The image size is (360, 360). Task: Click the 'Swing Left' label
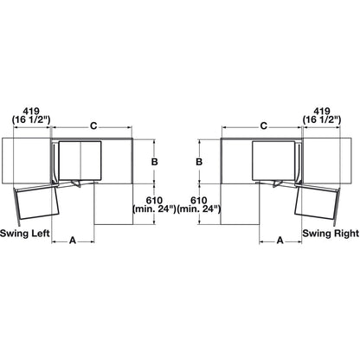[25, 233]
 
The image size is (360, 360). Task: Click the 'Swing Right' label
[331, 233]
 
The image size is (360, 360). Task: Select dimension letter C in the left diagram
[93, 126]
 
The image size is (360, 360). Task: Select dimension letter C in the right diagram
[264, 126]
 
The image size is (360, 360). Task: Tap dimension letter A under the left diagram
[73, 240]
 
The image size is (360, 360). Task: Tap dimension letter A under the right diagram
[280, 240]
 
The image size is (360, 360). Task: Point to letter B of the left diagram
[155, 162]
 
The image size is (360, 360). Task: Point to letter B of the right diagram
[199, 162]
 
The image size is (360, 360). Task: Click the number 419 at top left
[31, 111]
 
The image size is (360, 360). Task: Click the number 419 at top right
[322, 111]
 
